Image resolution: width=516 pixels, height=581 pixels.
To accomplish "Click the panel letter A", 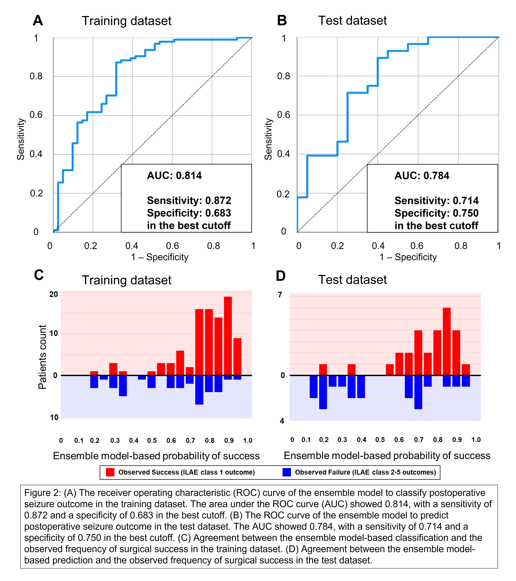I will [38, 21].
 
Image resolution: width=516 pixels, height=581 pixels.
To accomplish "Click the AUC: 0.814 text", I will [174, 176].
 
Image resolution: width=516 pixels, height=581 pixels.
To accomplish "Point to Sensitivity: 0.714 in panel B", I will [436, 201].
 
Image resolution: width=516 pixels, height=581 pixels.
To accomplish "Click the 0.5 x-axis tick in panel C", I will [152, 441].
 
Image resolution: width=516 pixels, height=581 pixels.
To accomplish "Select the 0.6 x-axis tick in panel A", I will [172, 246].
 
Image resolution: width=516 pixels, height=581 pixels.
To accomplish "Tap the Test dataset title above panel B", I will [352, 21].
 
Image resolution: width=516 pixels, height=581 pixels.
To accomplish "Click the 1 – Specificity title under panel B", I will [408, 257].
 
